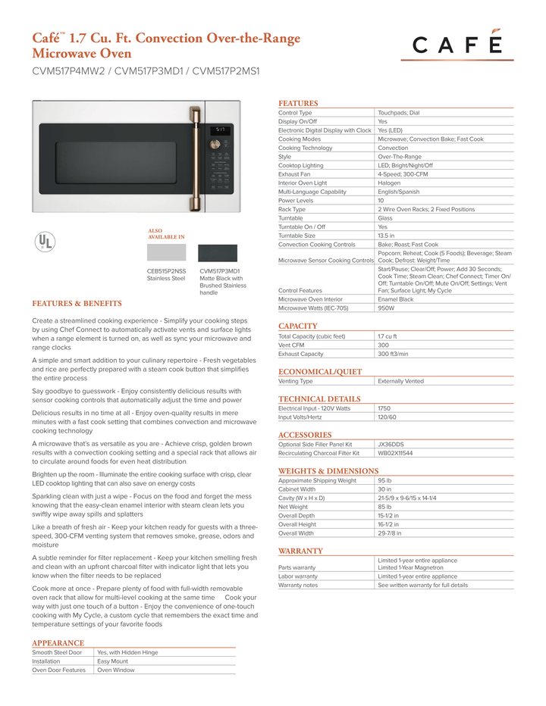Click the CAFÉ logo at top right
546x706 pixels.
457,45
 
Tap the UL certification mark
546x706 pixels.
46,241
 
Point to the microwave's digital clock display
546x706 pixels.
220,130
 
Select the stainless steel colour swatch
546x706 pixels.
166,252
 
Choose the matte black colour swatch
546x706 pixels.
218,253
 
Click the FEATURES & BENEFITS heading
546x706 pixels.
77,303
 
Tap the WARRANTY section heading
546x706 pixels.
300,551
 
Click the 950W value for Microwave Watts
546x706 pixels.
386,308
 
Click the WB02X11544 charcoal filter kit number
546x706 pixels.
395,453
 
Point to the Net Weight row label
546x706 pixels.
293,507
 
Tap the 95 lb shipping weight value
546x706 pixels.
384,480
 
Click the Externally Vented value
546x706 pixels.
400,381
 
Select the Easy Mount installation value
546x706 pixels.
113,661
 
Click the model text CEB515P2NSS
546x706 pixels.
166,270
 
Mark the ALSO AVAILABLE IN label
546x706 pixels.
166,233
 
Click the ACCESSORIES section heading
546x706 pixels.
305,435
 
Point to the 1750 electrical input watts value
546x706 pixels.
384,408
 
